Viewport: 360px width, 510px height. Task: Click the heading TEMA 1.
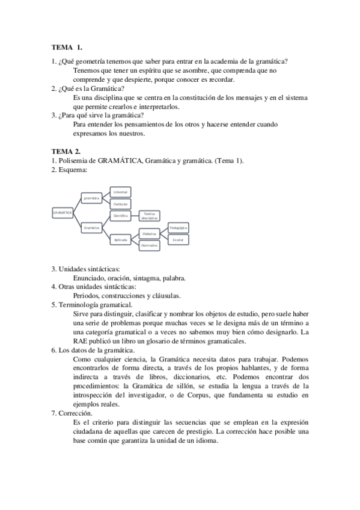(x=67, y=46)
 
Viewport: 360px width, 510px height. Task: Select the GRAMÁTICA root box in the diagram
(x=63, y=212)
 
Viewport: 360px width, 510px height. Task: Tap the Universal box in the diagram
(x=120, y=192)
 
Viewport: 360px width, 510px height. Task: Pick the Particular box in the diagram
(x=120, y=204)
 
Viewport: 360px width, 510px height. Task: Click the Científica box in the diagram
(x=121, y=215)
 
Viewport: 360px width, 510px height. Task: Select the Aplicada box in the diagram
(x=121, y=239)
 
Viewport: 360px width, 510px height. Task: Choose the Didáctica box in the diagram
(x=150, y=233)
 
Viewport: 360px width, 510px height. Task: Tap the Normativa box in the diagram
(x=150, y=245)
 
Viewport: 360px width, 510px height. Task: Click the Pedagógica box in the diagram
(x=178, y=228)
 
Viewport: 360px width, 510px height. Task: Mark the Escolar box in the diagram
(x=178, y=239)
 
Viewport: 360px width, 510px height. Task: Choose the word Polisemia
(x=73, y=161)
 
